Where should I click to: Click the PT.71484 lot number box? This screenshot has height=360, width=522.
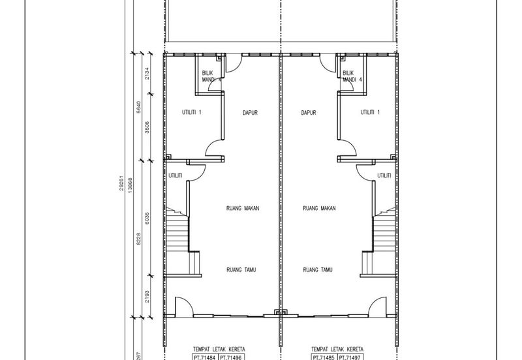point(206,357)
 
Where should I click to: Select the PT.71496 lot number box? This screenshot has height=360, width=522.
point(232,357)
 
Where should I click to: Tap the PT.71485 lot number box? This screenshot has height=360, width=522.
point(324,357)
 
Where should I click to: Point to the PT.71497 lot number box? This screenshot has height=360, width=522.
point(350,357)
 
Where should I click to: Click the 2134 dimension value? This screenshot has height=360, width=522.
point(147,73)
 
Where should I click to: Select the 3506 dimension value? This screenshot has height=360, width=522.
point(147,127)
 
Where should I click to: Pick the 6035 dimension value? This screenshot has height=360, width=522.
point(147,218)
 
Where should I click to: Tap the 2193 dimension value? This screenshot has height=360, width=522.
point(147,297)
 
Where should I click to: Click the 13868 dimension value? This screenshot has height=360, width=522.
point(130,185)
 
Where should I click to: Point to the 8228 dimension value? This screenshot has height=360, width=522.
point(139,239)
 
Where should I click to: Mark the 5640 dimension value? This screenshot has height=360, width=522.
point(139,107)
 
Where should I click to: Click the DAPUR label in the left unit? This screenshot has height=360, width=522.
point(250,113)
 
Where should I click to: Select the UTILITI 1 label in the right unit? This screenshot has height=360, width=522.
point(370,112)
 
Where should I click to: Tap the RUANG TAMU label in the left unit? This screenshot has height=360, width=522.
point(241,270)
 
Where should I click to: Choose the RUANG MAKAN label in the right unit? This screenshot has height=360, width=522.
point(319,208)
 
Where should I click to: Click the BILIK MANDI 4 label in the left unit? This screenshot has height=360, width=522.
point(211,76)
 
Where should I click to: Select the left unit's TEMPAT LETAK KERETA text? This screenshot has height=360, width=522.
point(219,350)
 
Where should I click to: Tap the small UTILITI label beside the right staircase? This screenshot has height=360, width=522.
point(384,175)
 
